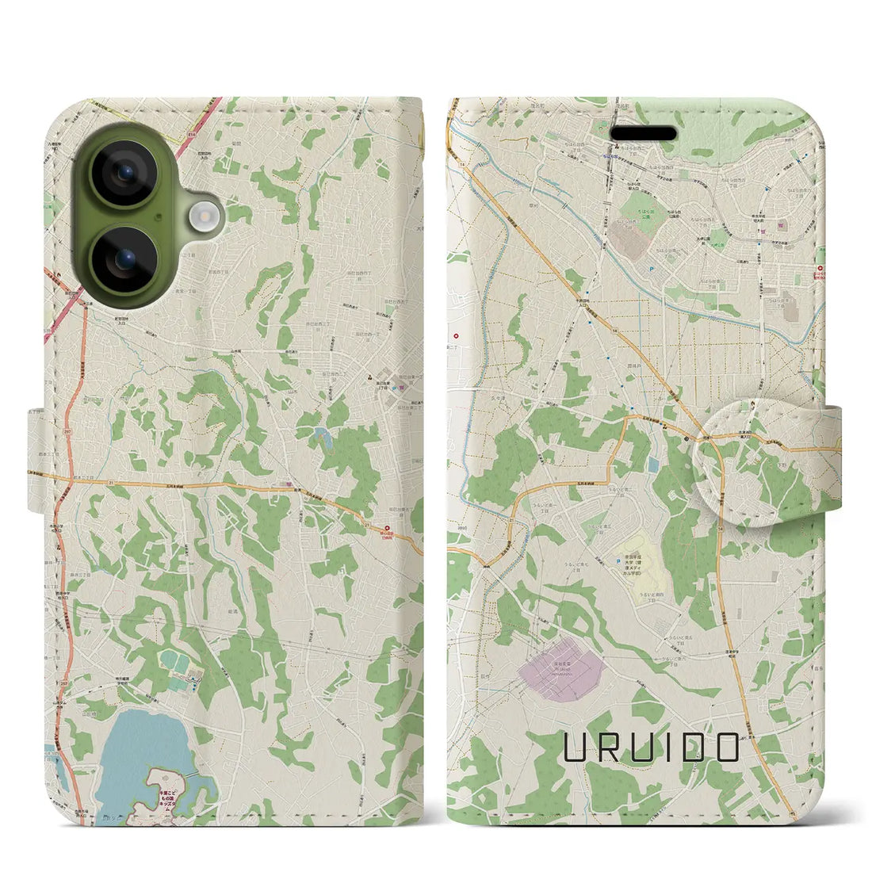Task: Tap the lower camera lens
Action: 127,254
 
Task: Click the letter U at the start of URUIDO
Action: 576,747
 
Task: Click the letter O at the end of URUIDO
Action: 725,747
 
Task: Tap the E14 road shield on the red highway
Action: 190,136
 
